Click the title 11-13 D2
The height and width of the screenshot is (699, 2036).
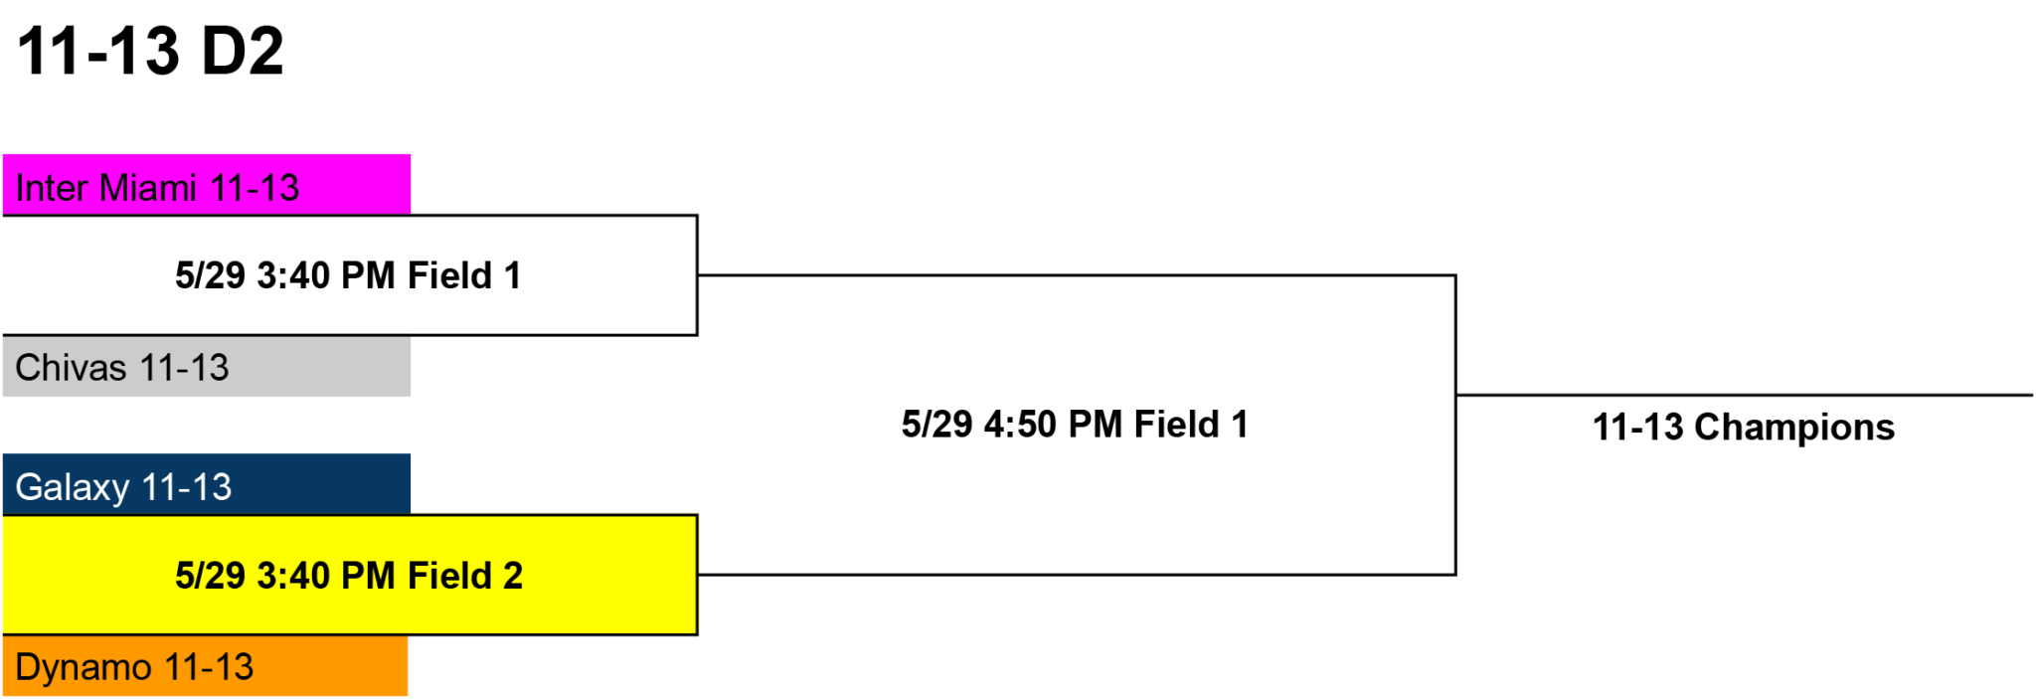(151, 51)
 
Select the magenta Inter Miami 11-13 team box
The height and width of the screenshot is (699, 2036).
(207, 185)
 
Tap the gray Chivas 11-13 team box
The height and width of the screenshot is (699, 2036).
(207, 366)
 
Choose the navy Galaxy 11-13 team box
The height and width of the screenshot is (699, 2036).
(207, 484)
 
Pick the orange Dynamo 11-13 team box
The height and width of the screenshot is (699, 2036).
(205, 665)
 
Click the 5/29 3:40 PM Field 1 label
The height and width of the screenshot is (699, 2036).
(348, 275)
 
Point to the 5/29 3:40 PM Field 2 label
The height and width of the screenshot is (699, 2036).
(349, 576)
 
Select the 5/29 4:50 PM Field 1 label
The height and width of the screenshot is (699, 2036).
(1075, 425)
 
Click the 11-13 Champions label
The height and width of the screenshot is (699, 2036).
(1744, 428)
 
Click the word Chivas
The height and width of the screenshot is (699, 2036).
(71, 368)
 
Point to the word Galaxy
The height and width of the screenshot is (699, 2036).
(73, 488)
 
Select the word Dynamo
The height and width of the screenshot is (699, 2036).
(84, 667)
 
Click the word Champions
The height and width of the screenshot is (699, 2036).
(1794, 429)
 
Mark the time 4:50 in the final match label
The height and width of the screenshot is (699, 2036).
(1020, 425)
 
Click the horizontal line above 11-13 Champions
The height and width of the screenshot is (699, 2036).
(1745, 395)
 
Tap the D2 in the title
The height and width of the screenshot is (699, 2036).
(243, 51)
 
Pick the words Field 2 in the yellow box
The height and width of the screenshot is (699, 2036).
(465, 576)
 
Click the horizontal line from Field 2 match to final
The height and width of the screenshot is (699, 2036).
(1077, 575)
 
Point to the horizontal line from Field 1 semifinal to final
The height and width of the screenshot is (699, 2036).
(1077, 275)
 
